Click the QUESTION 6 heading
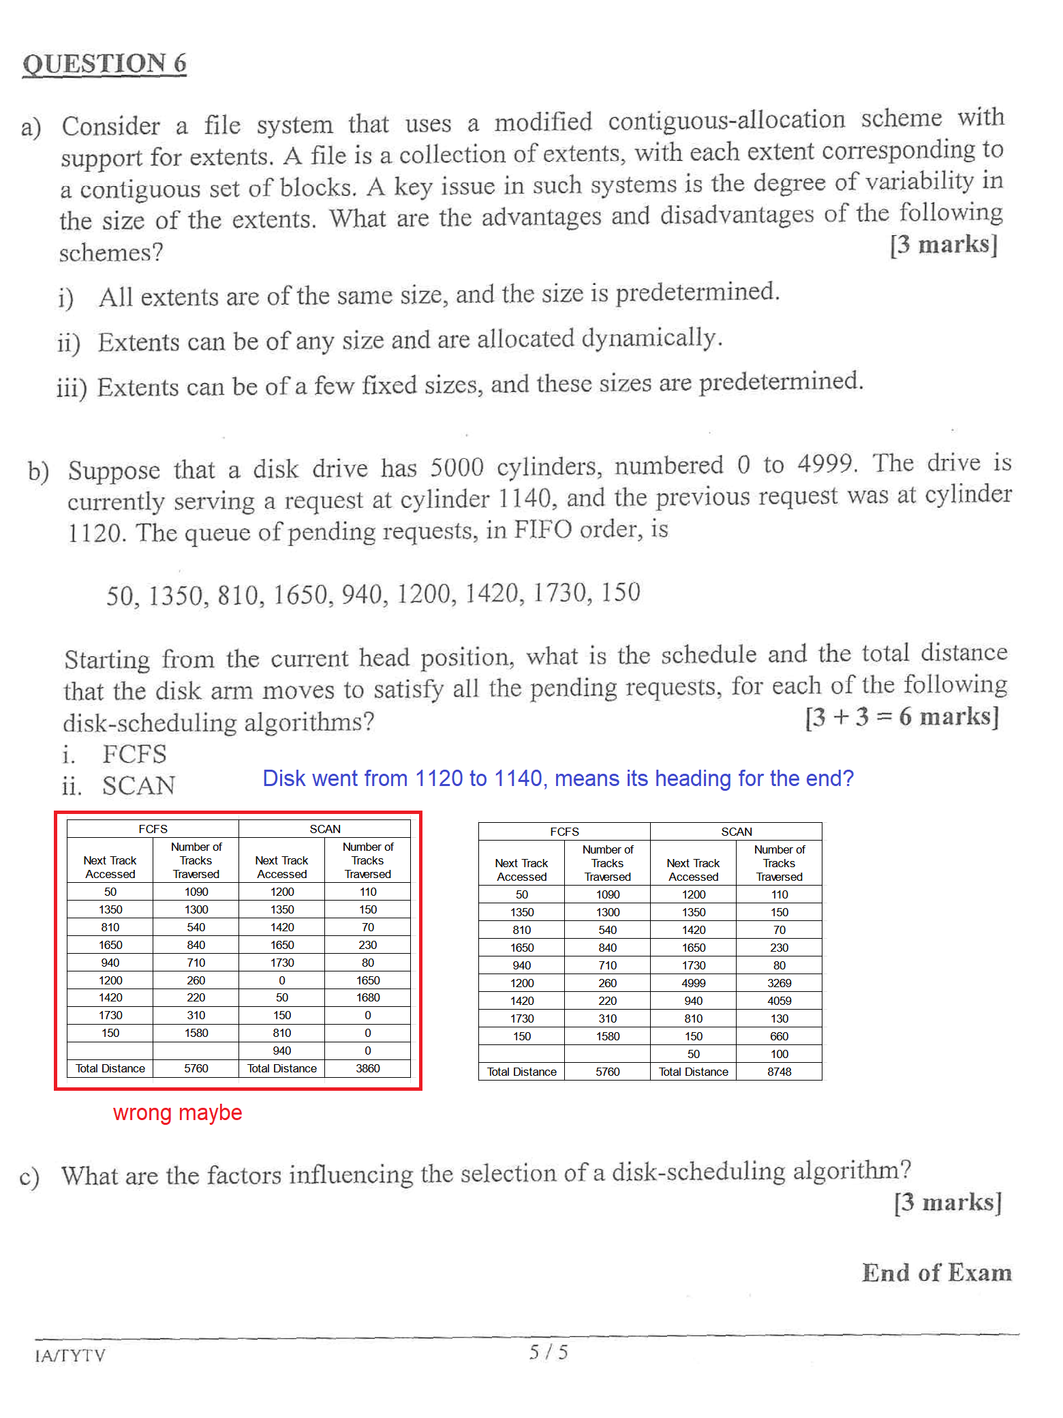point(104,63)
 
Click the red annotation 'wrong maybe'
point(177,1113)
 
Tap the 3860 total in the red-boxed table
point(367,1068)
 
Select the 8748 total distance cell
point(779,1072)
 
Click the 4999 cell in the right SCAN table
point(693,983)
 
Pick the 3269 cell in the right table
point(779,983)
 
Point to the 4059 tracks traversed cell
point(779,1001)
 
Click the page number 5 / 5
point(549,1352)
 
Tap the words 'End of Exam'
point(936,1273)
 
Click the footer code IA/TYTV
point(70,1355)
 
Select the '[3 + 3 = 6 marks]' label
point(902,716)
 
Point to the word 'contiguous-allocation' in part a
point(726,121)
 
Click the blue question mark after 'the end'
point(847,778)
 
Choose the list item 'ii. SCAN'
point(119,786)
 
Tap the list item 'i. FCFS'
point(116,755)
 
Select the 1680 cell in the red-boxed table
point(367,997)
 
